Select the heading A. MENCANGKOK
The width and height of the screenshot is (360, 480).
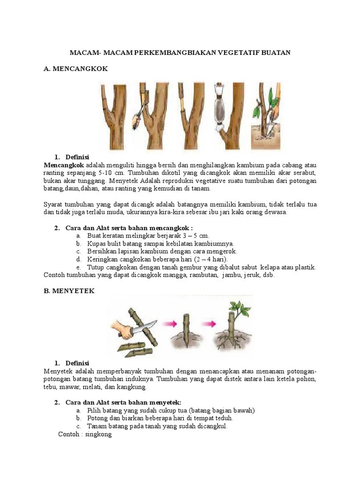pyautogui.click(x=75, y=69)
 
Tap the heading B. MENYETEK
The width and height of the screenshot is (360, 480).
pyautogui.click(x=69, y=291)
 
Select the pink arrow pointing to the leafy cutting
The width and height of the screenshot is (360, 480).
pyautogui.click(x=211, y=324)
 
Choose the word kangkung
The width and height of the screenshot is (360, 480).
pyautogui.click(x=133, y=387)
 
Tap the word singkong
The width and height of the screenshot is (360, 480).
pyautogui.click(x=99, y=435)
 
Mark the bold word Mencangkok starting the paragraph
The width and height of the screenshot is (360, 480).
pyautogui.click(x=64, y=165)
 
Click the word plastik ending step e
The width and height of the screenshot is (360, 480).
pyautogui.click(x=304, y=267)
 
